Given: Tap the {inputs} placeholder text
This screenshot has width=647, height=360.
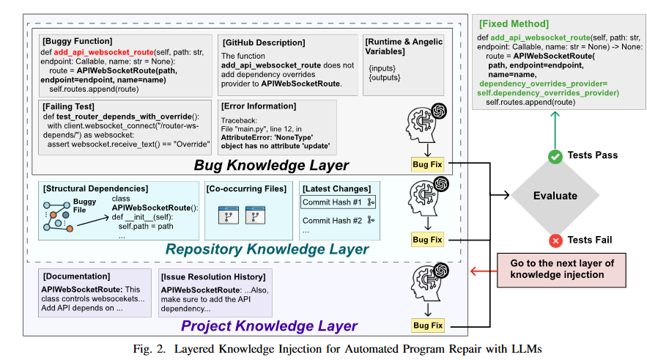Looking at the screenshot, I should [x=382, y=68].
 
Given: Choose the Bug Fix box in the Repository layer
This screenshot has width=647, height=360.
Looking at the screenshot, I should [x=427, y=239].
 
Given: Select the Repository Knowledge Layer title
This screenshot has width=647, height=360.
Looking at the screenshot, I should [x=267, y=249].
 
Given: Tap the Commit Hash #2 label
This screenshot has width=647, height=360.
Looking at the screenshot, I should [x=332, y=220].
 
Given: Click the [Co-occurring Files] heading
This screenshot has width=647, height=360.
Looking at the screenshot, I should [x=246, y=189].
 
